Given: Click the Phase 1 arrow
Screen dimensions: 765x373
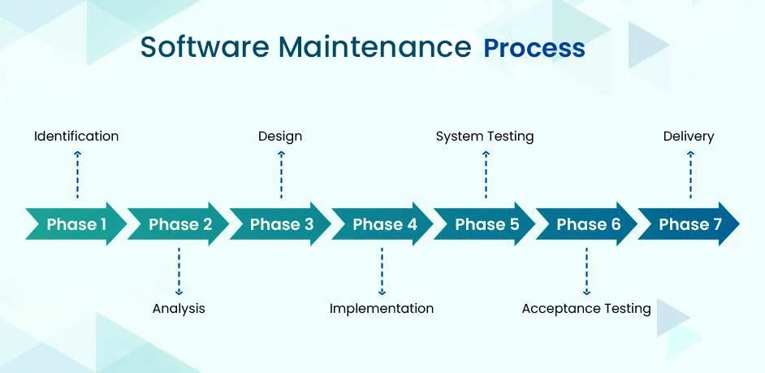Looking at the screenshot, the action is pyautogui.click(x=76, y=224).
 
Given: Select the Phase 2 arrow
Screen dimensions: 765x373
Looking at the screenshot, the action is pyautogui.click(x=179, y=224).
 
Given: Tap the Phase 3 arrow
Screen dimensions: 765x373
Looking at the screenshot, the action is pyautogui.click(x=281, y=224).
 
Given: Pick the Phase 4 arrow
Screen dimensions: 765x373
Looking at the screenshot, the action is pyautogui.click(x=383, y=224).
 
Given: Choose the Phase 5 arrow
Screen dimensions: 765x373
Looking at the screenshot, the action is pyautogui.click(x=486, y=224).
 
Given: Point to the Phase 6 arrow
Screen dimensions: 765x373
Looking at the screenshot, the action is pyautogui.click(x=587, y=224).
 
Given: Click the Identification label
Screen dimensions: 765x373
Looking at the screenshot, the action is pyautogui.click(x=76, y=137).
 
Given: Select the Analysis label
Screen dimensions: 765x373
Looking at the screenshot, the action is pyautogui.click(x=179, y=309).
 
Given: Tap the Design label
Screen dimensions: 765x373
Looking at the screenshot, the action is pyautogui.click(x=280, y=137).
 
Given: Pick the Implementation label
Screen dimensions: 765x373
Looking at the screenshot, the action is pyautogui.click(x=382, y=309).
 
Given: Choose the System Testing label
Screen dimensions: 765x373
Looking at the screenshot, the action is pyautogui.click(x=485, y=137).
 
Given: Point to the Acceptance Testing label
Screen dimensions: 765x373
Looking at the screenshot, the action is pyautogui.click(x=586, y=309).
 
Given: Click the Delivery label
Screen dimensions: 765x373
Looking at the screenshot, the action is pyautogui.click(x=689, y=137).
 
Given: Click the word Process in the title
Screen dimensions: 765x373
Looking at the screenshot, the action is pyautogui.click(x=534, y=47).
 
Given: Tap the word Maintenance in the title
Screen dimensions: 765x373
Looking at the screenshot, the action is pyautogui.click(x=374, y=46).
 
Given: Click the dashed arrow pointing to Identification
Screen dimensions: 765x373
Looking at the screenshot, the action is pyautogui.click(x=77, y=174).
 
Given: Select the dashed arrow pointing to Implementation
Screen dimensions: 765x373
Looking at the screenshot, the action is pyautogui.click(x=382, y=272).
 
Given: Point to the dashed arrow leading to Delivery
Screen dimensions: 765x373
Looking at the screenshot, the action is pyautogui.click(x=690, y=174).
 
